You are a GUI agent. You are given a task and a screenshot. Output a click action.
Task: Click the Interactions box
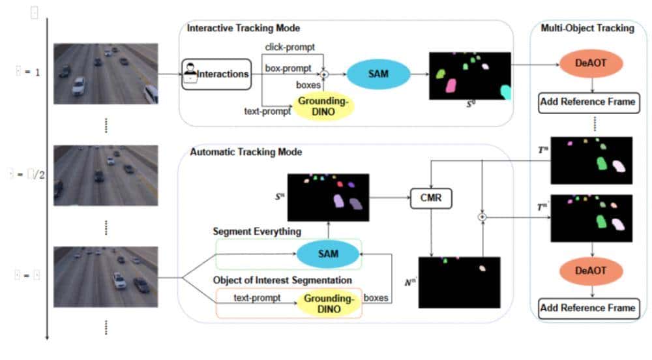coord(216,74)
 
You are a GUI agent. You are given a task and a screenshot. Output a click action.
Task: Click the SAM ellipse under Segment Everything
coord(328,254)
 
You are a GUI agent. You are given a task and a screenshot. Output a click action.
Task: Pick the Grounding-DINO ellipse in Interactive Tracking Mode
coord(323,106)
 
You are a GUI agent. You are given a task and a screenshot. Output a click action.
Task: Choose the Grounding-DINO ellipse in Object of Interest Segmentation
coord(329,303)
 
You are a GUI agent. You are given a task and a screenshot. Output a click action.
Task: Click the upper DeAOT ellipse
coord(591,64)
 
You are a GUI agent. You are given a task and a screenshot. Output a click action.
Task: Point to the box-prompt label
coord(286,67)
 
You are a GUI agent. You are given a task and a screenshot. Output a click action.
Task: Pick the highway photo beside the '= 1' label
coord(105,73)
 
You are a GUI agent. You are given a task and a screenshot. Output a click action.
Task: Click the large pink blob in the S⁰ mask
coord(451,85)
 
